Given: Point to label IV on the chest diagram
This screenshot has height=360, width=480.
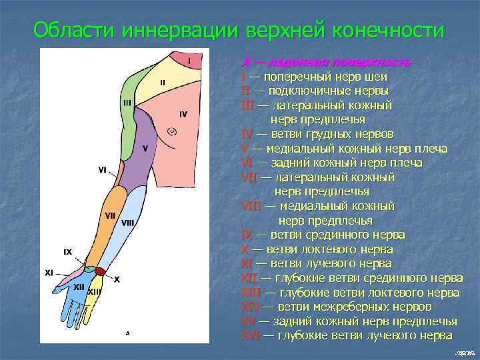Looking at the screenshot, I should pos(183,114).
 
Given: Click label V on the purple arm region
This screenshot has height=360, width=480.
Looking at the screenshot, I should pos(145,148).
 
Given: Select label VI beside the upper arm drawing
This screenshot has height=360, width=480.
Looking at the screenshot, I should pos(102,170).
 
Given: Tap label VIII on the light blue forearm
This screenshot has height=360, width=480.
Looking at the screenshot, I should pos(128,222).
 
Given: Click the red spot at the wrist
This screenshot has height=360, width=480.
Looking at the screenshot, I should pos(100,271).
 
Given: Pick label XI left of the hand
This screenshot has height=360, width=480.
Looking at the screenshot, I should pos(49,273).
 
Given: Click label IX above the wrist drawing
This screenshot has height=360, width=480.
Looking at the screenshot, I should pos(67,252).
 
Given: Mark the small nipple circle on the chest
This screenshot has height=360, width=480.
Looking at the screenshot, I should pos(171,131).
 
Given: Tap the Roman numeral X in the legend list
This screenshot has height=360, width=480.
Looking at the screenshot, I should pos(245,249).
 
